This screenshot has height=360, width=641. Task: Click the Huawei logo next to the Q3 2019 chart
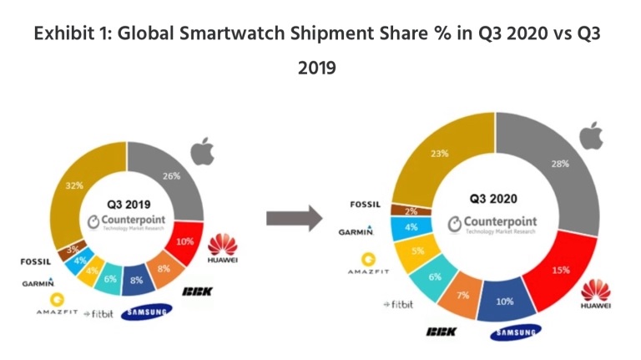point(223,244)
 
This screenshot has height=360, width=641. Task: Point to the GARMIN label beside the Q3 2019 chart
point(37,284)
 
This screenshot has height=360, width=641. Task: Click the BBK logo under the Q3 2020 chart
point(442,332)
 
